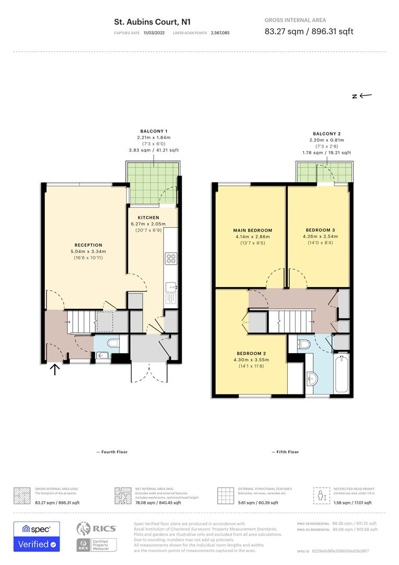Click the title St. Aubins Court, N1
pos(152,22)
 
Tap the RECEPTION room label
pos(88,245)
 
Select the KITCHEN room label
pos(148,218)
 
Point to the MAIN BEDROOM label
pos(252,230)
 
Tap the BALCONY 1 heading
pos(154,131)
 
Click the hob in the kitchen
pos(171,258)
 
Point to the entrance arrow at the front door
pos(55,370)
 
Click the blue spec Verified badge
pos(37,537)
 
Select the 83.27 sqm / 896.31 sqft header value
pos(309,31)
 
